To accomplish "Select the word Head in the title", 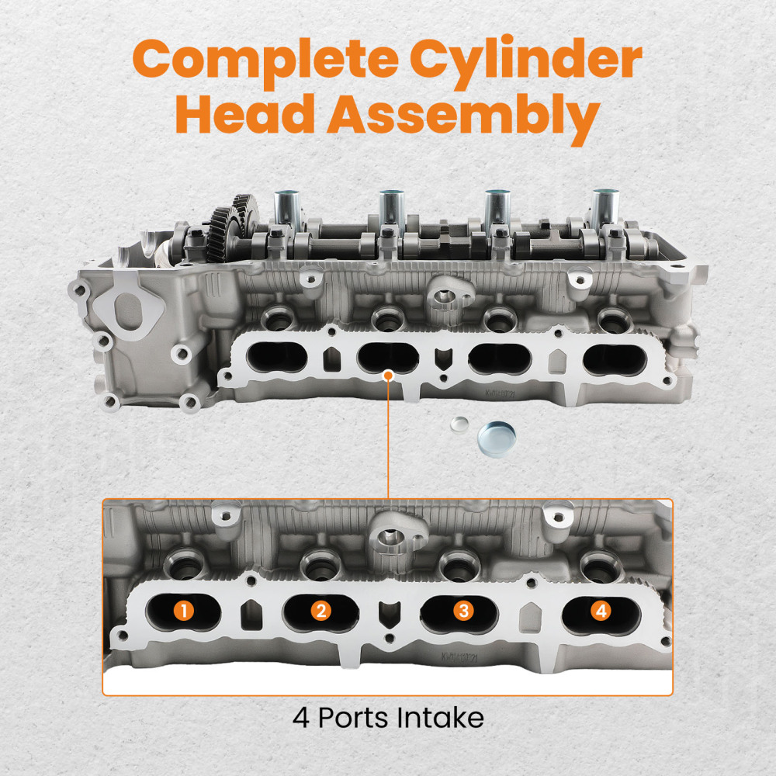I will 244,116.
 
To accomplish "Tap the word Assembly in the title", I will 463,118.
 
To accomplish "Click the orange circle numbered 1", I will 183,611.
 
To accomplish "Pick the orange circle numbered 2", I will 322,611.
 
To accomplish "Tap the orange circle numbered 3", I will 462,611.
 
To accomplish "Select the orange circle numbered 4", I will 600,611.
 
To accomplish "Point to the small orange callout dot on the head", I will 388,376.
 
